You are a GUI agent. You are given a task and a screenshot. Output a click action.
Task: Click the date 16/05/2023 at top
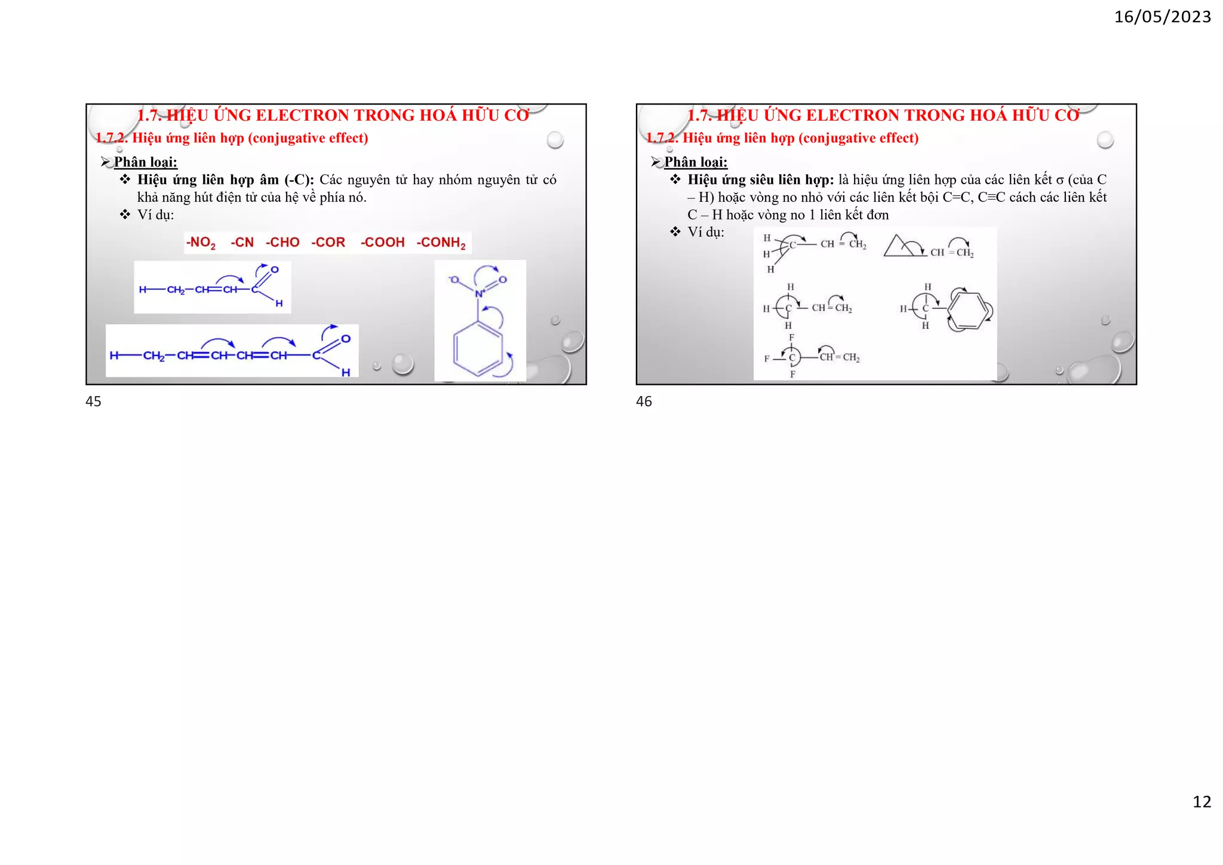[1162, 17]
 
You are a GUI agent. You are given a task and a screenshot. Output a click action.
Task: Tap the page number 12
[1202, 802]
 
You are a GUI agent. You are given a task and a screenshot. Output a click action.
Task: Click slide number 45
[93, 401]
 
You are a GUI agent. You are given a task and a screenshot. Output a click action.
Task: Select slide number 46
[644, 401]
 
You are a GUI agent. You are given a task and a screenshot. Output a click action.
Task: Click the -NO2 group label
[201, 243]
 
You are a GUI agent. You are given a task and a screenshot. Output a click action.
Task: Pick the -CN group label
[242, 243]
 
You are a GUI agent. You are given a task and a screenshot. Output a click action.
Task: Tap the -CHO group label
[282, 243]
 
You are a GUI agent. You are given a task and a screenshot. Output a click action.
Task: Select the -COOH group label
[382, 243]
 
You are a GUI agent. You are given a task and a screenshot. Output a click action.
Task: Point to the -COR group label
[328, 243]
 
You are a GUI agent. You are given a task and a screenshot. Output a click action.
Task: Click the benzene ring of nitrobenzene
[478, 349]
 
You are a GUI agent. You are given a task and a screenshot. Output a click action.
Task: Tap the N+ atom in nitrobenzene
[479, 293]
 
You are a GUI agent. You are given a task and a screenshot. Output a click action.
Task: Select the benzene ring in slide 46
[967, 311]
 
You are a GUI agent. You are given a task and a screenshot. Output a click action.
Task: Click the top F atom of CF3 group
[792, 338]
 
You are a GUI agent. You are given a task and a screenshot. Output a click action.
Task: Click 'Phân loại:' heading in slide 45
[145, 162]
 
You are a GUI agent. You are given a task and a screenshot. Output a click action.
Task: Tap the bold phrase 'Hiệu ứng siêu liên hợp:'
[760, 180]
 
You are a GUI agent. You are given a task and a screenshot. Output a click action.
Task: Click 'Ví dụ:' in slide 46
[706, 232]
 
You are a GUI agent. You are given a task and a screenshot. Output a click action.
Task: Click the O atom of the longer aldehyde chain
[346, 339]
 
